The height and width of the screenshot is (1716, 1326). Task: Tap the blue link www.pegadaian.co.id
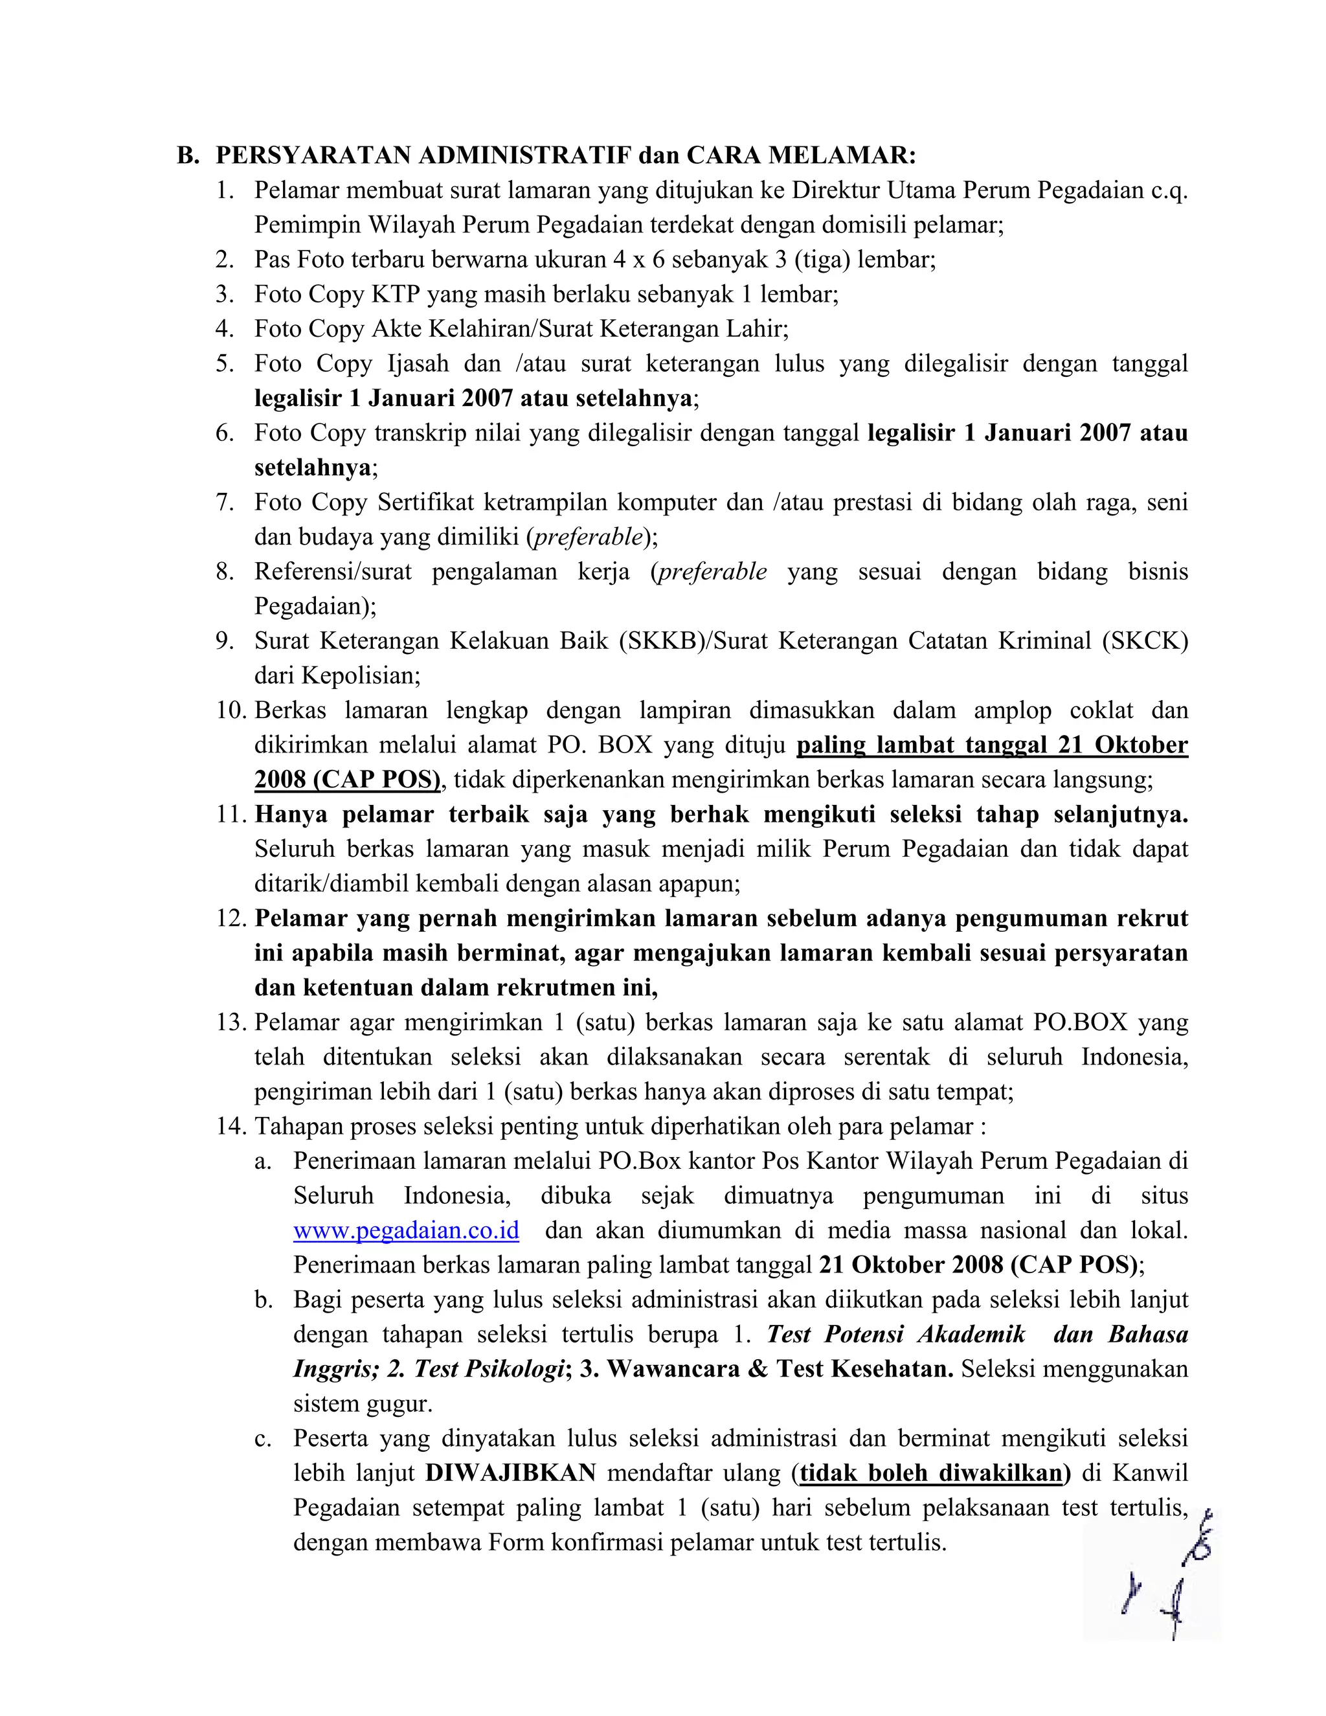(x=406, y=1230)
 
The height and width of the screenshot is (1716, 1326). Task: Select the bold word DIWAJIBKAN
(x=511, y=1473)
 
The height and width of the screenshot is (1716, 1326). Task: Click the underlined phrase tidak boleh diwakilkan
(x=931, y=1473)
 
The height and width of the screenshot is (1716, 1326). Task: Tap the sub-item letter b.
(x=263, y=1300)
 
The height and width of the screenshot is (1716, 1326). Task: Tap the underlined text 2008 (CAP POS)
(x=347, y=780)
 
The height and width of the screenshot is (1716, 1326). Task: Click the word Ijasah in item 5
(x=418, y=364)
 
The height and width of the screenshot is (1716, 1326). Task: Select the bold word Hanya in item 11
(x=291, y=815)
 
